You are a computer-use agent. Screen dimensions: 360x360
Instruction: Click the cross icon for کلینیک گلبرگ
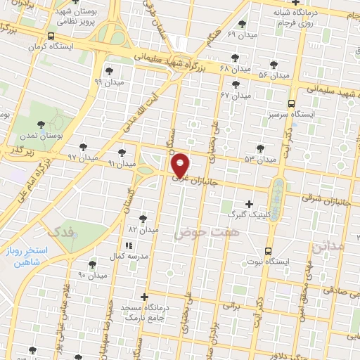(x=249, y=203)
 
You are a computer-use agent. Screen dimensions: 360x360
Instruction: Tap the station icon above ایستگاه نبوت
(x=268, y=251)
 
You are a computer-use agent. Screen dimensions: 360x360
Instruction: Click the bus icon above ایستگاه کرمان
(x=50, y=36)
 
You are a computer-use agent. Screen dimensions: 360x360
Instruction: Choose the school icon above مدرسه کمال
(x=128, y=245)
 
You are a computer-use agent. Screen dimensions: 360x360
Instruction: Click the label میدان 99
(x=108, y=82)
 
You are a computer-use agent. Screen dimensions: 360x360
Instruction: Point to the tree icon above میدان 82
(x=144, y=219)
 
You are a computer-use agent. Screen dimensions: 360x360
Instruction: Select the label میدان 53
(x=261, y=160)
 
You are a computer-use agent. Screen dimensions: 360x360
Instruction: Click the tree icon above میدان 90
(x=92, y=264)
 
